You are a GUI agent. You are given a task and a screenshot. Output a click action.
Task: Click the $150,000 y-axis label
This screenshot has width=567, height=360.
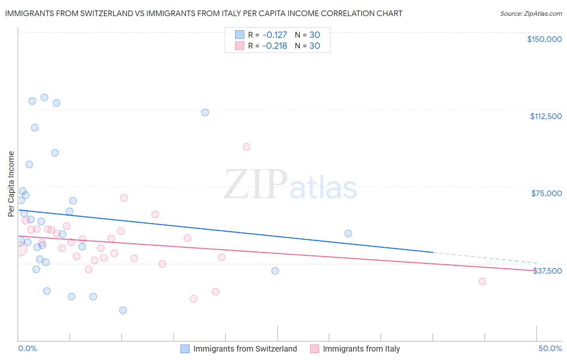544,39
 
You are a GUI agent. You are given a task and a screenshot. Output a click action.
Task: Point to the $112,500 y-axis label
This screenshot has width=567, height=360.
546,116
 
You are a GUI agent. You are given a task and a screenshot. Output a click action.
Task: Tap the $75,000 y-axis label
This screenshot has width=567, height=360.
546,193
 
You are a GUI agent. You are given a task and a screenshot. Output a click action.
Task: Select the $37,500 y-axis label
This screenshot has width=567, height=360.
547,271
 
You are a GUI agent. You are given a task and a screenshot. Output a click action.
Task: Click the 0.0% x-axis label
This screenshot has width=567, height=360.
27,348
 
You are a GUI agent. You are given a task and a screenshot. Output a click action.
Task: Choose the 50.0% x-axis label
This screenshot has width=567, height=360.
550,348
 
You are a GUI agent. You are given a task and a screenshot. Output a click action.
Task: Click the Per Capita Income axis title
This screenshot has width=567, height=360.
11,184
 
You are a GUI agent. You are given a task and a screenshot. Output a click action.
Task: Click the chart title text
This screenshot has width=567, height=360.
204,13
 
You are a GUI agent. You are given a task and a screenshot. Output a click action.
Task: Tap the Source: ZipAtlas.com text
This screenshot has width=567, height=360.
531,14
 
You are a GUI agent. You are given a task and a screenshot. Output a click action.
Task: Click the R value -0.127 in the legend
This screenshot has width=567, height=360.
274,35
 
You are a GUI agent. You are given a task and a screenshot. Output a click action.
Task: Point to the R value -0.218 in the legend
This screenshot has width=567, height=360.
274,46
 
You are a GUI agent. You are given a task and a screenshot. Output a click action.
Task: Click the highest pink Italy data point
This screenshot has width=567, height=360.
246,147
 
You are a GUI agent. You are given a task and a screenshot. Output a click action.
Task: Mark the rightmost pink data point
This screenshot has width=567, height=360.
482,281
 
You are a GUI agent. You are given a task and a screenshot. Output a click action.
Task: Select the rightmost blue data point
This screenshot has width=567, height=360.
348,233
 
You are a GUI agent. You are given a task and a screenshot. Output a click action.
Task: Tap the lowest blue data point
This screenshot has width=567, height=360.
123,310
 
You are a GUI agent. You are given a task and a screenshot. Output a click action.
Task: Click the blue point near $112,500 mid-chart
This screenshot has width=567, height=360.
205,112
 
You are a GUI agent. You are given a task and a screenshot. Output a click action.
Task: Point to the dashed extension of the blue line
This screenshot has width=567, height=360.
484,257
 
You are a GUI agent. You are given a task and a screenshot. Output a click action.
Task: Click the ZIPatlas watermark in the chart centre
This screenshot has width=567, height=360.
290,185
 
